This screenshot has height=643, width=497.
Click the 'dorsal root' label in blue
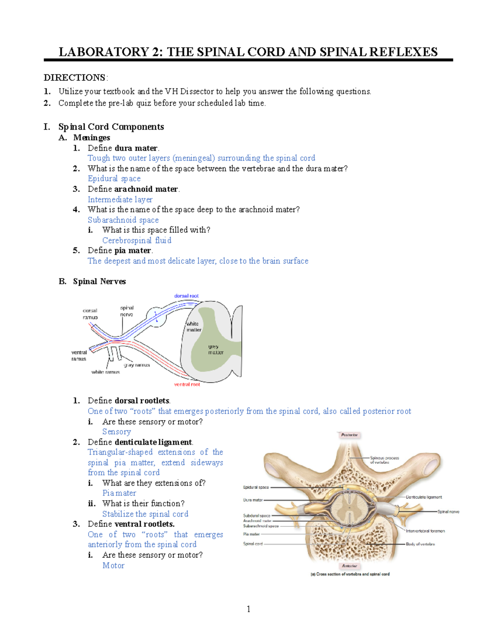coord(186,296)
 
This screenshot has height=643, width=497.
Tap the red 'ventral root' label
coord(187,385)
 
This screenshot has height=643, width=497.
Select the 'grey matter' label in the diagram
coord(215,349)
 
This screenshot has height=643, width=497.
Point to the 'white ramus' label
coord(106,372)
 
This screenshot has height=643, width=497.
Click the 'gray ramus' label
coord(137,365)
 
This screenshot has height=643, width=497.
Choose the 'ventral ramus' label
coord(79,356)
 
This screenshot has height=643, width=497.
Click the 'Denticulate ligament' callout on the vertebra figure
coord(424,497)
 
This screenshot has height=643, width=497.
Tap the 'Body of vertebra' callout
coord(420,544)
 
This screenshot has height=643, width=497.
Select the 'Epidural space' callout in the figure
coord(256,487)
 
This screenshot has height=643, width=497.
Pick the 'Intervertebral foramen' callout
coord(425,531)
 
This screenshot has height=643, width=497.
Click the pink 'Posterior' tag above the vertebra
coord(350,435)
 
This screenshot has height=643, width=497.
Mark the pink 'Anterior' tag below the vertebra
coord(350,566)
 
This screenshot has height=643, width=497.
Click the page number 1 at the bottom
coord(248,609)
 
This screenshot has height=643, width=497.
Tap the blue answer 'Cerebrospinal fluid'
coord(137,241)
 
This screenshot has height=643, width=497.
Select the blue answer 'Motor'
coord(113,566)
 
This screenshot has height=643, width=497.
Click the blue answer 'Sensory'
coord(116,432)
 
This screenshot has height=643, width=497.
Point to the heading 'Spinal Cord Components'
coord(111,127)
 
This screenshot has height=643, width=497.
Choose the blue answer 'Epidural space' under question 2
coord(114,178)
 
